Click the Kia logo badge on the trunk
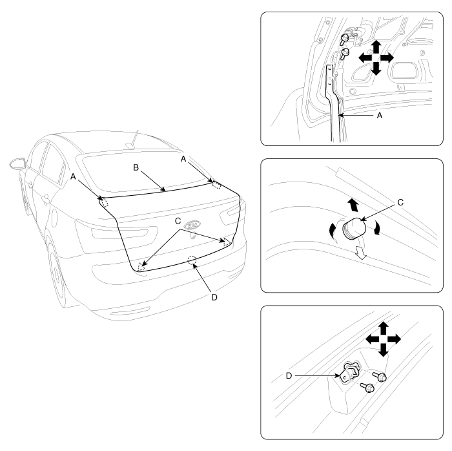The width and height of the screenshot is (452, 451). click(x=192, y=225)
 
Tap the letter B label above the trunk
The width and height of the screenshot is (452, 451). click(x=136, y=167)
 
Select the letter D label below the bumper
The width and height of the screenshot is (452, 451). click(x=214, y=297)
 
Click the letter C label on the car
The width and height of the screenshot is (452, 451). click(x=178, y=221)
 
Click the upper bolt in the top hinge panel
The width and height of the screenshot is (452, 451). click(x=344, y=39)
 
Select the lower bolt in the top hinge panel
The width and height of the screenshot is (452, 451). click(x=344, y=54)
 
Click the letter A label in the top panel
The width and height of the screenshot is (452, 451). click(x=380, y=116)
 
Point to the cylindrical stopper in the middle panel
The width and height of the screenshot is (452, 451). click(x=354, y=228)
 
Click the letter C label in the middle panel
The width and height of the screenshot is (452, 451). click(x=400, y=202)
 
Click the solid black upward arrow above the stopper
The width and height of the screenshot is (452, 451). click(x=353, y=205)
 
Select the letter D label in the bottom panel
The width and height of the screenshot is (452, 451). click(x=289, y=376)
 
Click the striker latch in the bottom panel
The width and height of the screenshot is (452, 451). click(x=350, y=373)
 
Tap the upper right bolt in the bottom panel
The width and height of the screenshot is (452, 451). click(x=380, y=376)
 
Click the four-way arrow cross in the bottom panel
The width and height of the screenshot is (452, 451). click(x=383, y=339)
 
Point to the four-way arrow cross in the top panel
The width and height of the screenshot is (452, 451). click(x=376, y=58)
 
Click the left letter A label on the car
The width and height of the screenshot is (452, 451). click(x=73, y=176)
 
